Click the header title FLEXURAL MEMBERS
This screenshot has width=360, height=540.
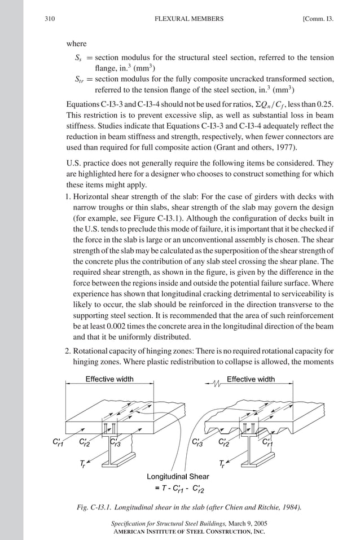pyautogui.click(x=188, y=19)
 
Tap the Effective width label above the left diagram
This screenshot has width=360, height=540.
pyautogui.click(x=109, y=379)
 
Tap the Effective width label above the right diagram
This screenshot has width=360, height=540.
pyautogui.click(x=251, y=379)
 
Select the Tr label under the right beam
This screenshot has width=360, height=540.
pyautogui.click(x=223, y=464)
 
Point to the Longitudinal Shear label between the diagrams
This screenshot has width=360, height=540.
pyautogui.click(x=178, y=476)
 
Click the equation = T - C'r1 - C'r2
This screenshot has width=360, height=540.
pyautogui.click(x=177, y=488)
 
